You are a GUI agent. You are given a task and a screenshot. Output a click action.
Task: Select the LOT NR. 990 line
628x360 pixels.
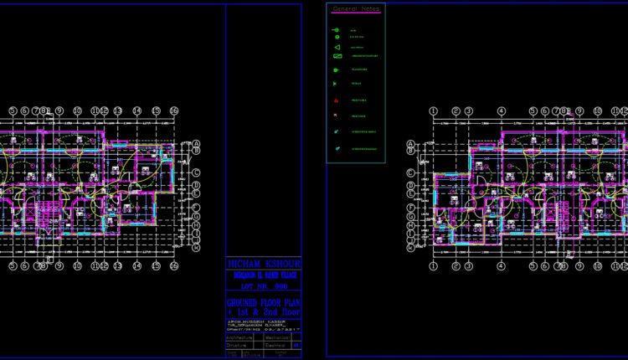click(264, 285)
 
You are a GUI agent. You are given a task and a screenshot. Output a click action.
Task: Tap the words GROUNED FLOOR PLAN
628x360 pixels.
click(264, 301)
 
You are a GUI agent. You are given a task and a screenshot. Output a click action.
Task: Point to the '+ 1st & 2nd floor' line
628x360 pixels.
click(264, 311)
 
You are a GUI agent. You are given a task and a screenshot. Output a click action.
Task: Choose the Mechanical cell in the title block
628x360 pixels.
click(277, 334)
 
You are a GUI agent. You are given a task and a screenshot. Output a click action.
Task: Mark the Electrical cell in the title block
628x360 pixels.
click(276, 343)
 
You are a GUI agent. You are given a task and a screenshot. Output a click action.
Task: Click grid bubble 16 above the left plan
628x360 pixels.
click(174, 111)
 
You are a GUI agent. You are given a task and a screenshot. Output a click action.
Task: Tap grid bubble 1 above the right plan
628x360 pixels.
click(433, 111)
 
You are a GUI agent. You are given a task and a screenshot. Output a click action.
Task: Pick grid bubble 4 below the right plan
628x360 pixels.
click(501, 266)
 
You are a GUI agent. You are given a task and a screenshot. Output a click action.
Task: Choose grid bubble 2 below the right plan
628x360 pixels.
click(456, 266)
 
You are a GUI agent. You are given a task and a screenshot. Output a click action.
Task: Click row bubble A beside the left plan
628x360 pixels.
click(196, 143)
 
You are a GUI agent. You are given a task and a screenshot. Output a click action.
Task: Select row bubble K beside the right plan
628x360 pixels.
click(410, 249)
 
